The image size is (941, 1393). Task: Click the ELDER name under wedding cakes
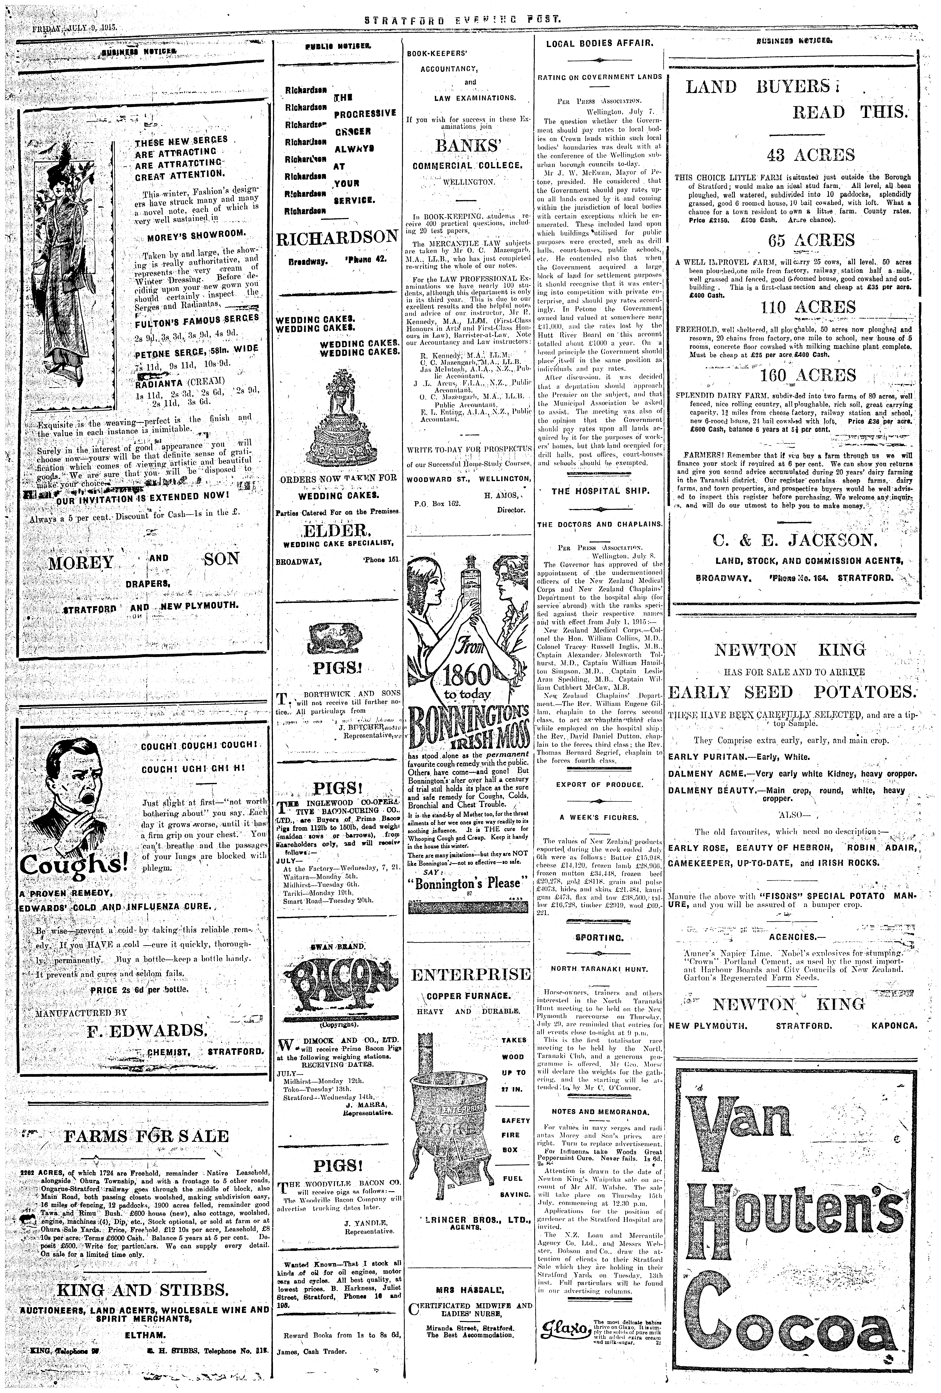click(338, 531)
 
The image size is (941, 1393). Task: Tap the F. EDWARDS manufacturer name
click(147, 1031)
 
